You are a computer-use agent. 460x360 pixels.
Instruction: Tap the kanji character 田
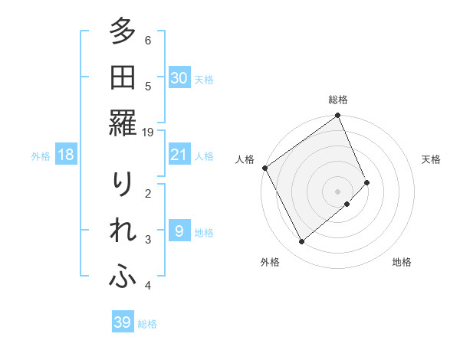(123, 77)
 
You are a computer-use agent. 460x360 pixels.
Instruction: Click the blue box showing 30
(179, 77)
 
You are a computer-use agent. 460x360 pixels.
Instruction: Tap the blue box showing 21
(179, 155)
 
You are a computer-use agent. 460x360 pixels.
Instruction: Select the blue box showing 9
(179, 231)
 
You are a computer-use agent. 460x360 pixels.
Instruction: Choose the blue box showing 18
(66, 155)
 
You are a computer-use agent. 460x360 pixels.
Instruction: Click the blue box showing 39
(123, 322)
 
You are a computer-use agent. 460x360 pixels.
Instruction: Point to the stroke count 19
(149, 132)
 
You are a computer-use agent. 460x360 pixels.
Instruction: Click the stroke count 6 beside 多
(148, 39)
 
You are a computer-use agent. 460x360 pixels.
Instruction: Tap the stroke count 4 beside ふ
(148, 286)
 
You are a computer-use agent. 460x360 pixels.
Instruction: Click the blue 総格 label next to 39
(147, 324)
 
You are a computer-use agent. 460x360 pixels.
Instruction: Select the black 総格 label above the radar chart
(338, 100)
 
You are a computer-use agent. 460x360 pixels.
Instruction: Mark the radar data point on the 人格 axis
(264, 168)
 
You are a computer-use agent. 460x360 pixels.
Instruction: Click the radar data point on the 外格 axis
(301, 242)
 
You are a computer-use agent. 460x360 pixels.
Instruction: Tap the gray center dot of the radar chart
(337, 190)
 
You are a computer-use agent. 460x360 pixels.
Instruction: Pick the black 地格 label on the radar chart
(402, 262)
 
